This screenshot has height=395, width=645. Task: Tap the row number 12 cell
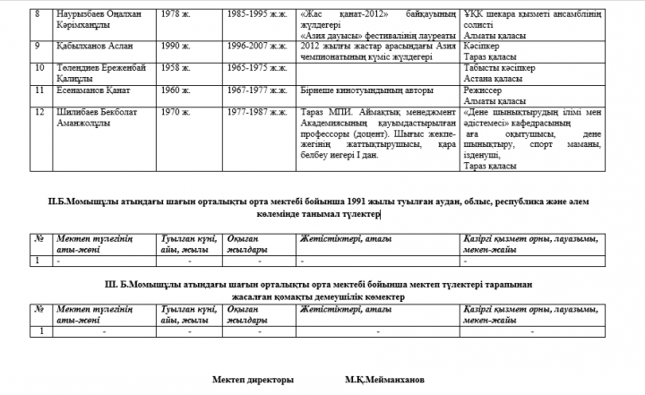pos(38,112)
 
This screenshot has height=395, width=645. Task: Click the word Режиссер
pos(486,90)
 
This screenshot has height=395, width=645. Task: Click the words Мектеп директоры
pos(253,379)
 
